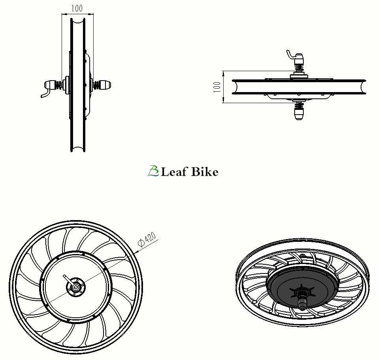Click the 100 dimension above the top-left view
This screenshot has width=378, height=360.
[77, 8]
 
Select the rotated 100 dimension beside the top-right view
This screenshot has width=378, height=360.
[217, 87]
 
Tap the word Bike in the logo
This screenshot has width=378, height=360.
[205, 172]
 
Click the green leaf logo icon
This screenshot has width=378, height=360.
[153, 171]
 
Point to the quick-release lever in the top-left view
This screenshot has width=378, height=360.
[46, 93]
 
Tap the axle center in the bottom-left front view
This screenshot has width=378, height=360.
[76, 287]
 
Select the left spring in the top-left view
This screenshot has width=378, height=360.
[59, 85]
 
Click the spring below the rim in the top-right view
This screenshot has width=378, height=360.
[299, 105]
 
